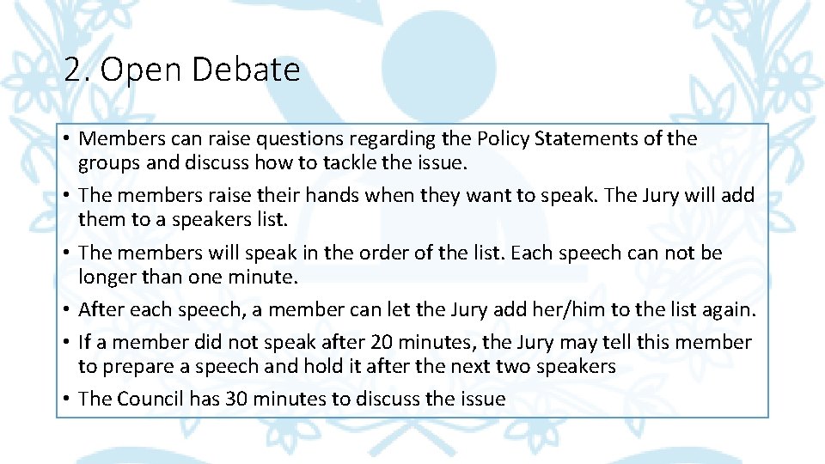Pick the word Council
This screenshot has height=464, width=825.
pyautogui.click(x=150, y=399)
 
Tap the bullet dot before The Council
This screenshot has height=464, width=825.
pyautogui.click(x=66, y=400)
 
